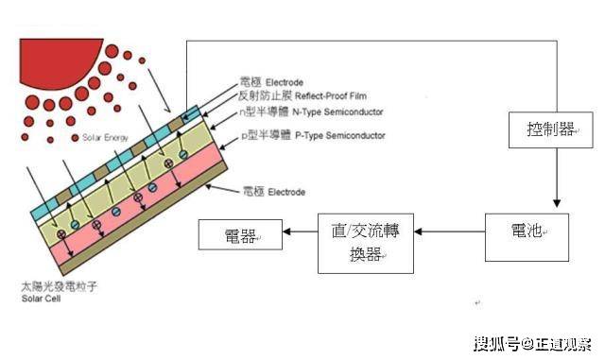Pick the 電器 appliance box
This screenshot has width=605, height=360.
point(240,232)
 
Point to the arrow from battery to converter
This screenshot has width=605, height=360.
point(452,231)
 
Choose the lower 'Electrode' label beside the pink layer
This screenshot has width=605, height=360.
point(274,192)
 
